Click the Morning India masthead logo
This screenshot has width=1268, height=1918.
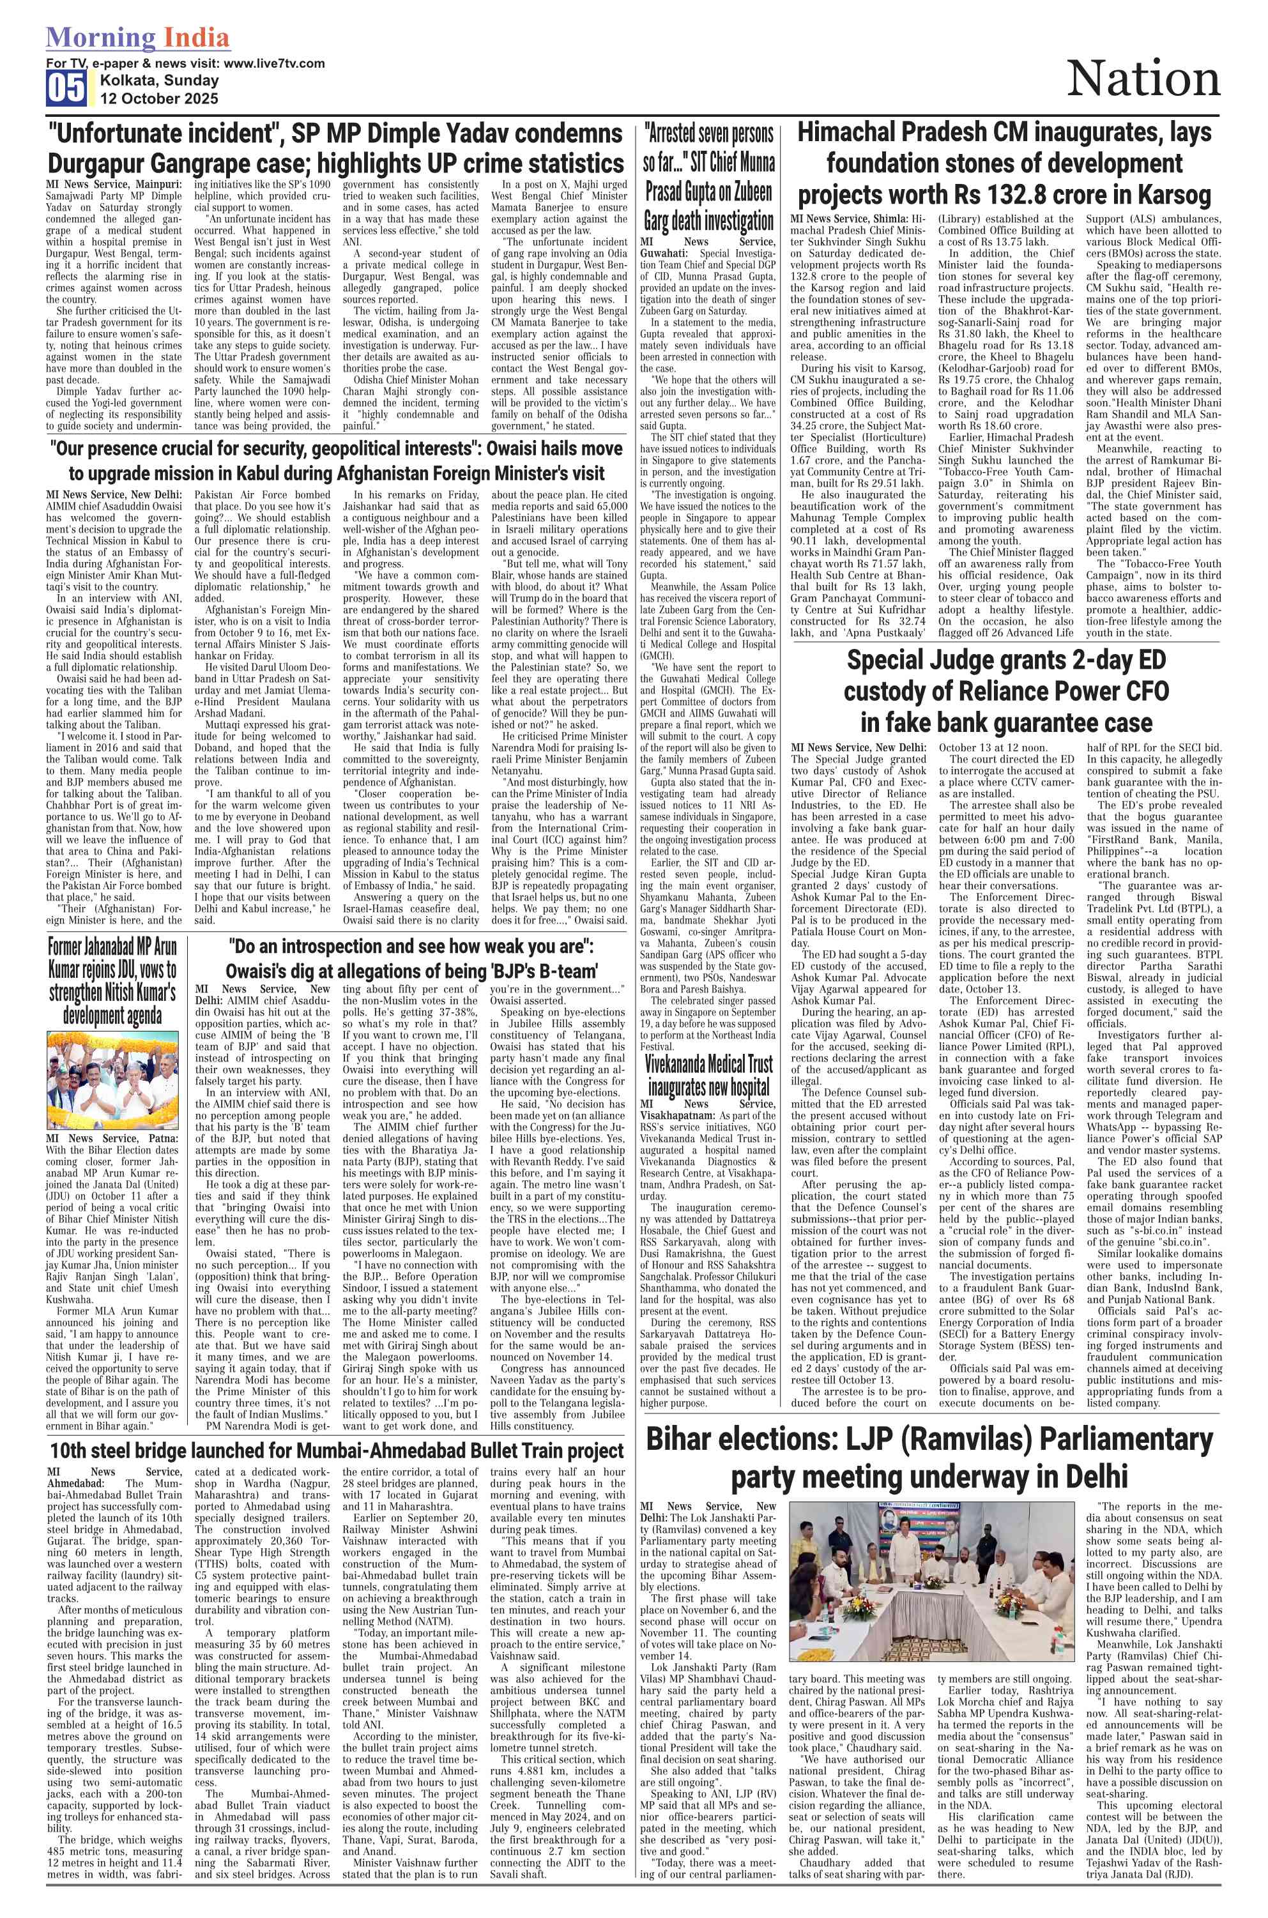point(137,38)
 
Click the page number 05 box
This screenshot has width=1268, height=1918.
point(66,88)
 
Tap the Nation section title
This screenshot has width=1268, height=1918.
point(1143,79)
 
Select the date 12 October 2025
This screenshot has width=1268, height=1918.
point(159,98)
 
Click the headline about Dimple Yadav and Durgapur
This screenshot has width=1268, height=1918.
point(335,148)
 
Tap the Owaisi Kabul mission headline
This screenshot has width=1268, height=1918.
point(335,460)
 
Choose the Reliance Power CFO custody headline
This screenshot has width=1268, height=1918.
point(1006,691)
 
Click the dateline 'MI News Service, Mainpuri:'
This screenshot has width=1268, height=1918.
point(113,185)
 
